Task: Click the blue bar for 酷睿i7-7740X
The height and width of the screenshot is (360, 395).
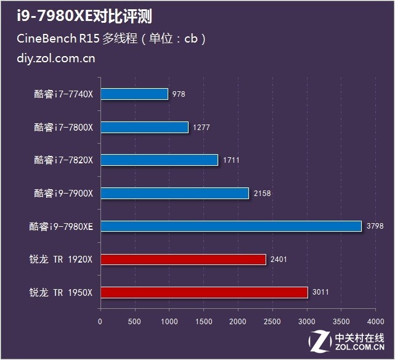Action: pos(134,94)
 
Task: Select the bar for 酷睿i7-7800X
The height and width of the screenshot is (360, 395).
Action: pos(144,128)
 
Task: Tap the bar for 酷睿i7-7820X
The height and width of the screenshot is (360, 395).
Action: pos(159,160)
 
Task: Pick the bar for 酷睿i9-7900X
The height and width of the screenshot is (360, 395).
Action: pos(174,194)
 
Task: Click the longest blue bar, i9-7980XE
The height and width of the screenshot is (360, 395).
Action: pos(230,226)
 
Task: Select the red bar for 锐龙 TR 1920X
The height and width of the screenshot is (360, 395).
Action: pos(183,260)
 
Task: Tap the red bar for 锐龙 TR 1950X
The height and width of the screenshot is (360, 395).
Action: pos(204,292)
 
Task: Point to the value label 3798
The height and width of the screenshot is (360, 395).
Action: pos(375,226)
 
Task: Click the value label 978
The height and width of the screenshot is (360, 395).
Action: pos(179,94)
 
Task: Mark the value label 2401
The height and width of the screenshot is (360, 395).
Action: pos(279,260)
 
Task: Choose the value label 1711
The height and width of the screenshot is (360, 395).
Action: pos(231,160)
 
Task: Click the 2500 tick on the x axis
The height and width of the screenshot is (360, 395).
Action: pos(272,321)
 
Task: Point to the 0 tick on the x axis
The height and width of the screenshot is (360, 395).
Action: pos(100,321)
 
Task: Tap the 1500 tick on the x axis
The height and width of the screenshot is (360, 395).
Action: pos(203,321)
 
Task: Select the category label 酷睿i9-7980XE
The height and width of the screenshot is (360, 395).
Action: pos(60,226)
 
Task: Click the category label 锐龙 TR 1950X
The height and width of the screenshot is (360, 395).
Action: pos(60,292)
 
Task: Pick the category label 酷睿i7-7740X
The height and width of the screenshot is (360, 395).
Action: pos(63,94)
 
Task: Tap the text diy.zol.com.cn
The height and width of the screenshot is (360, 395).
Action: pos(57,59)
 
